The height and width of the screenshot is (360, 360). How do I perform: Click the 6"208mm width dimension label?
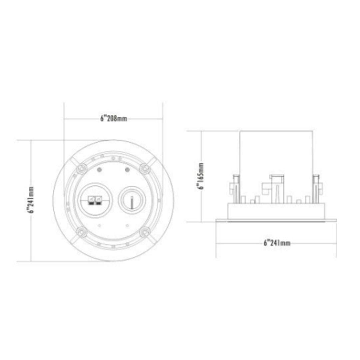(x=113, y=119)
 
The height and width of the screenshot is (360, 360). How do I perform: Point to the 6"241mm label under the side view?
(x=277, y=243)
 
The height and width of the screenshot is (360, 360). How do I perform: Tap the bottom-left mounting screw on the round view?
(x=81, y=232)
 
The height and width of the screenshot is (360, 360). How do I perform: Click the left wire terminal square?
(x=91, y=200)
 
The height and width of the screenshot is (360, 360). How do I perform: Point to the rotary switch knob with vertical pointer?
(x=131, y=200)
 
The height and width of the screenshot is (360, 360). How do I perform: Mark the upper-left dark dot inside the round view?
(x=99, y=170)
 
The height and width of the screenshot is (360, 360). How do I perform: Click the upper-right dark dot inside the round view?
(x=127, y=170)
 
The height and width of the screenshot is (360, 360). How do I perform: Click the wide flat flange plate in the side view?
(x=276, y=221)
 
